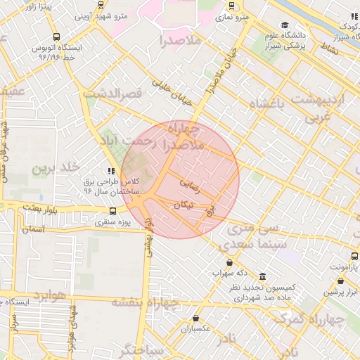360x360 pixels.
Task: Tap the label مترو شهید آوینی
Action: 98,15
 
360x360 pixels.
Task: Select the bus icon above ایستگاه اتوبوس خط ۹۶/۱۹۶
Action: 56,37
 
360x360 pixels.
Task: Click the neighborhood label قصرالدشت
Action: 112,92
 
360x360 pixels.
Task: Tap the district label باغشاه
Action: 270,104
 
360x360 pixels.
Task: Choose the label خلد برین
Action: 53,167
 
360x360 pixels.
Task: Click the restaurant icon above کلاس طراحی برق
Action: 110,171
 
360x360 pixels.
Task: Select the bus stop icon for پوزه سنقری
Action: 113,211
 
